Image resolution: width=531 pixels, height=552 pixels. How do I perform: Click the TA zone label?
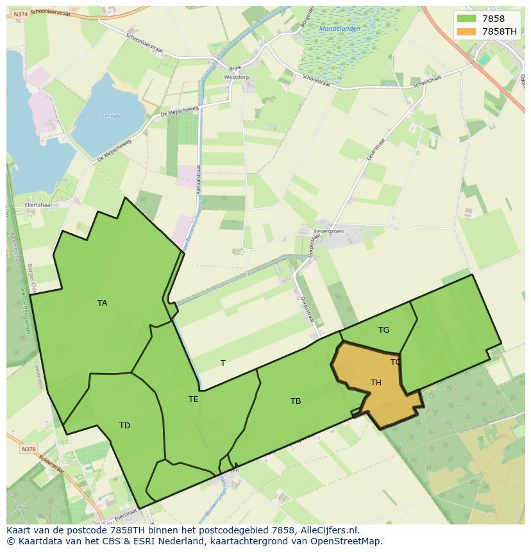(102, 303)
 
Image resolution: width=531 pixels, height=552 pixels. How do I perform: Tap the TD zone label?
(124, 426)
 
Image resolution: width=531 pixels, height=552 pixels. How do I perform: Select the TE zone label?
(193, 399)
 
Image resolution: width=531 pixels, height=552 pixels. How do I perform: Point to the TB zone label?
(295, 401)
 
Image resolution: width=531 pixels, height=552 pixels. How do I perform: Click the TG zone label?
(383, 330)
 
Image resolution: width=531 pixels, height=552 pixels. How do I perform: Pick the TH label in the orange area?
(376, 383)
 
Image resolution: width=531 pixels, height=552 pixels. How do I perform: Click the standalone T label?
(223, 364)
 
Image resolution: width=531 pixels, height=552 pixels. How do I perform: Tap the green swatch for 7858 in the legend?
(466, 19)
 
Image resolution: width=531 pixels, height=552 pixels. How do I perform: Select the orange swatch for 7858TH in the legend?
(466, 31)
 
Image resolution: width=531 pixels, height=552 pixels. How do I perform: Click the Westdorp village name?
(236, 77)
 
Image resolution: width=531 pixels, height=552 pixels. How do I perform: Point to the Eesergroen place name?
(328, 231)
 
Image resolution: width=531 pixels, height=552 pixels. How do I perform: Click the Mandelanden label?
(339, 29)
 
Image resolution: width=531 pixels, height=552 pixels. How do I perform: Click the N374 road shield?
(21, 14)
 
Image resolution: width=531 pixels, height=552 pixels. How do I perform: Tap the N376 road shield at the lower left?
(29, 449)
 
